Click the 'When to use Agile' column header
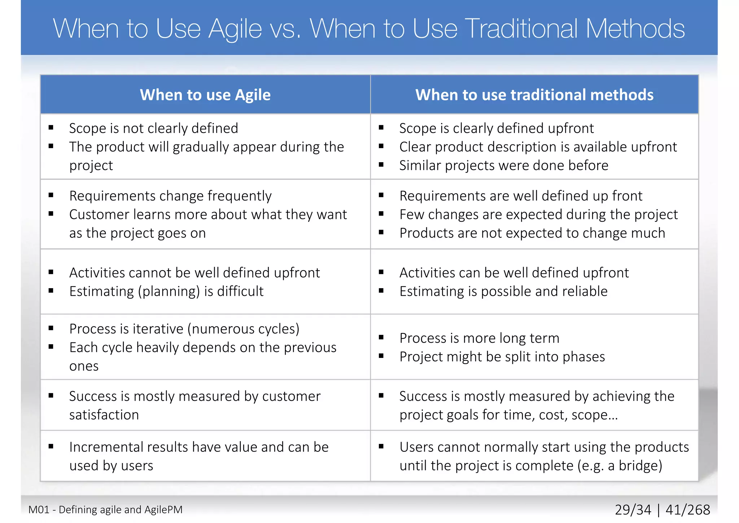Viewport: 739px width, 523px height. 205,95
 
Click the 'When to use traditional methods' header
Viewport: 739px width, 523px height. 534,95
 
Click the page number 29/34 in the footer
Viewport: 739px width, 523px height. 633,510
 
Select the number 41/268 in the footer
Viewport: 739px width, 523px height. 687,510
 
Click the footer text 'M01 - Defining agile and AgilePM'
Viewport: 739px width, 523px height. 105,510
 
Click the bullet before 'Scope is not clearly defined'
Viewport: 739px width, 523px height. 51,127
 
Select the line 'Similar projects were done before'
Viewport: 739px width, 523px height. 503,165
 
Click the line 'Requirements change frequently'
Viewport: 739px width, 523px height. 170,196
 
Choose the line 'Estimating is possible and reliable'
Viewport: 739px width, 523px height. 503,291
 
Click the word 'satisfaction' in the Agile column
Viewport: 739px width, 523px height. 104,415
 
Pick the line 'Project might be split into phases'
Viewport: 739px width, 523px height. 502,357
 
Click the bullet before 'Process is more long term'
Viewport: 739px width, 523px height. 381,337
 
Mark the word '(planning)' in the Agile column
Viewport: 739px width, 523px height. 169,291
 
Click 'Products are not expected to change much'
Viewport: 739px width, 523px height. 532,233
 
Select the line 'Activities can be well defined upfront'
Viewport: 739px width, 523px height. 514,273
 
